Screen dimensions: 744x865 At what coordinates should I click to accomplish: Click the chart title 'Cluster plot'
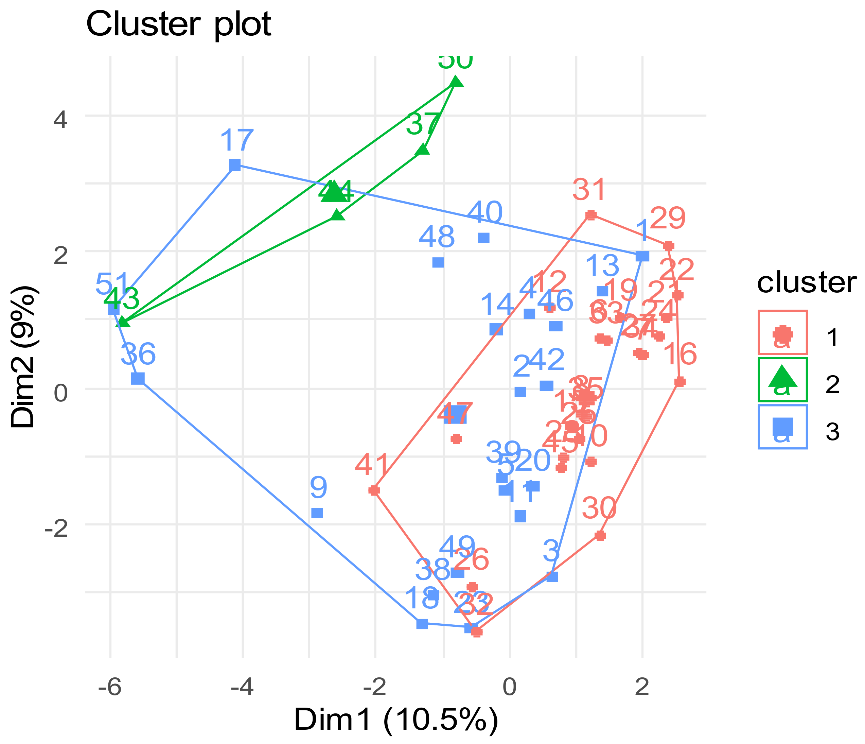[x=179, y=24]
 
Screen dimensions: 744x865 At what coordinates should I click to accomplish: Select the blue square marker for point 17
[x=235, y=165]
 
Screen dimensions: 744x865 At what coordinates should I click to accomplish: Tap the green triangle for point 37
[x=423, y=150]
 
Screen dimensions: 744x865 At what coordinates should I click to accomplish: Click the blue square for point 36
[x=138, y=379]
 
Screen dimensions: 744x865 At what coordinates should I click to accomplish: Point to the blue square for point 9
[x=317, y=513]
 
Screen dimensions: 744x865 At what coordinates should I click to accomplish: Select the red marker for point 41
[x=374, y=490]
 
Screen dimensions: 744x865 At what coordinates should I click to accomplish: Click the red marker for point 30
[x=600, y=536]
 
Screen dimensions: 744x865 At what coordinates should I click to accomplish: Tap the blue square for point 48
[x=438, y=262]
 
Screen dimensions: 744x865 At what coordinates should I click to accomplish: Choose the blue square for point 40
[x=483, y=238]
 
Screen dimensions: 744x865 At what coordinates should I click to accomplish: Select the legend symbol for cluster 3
[x=782, y=426]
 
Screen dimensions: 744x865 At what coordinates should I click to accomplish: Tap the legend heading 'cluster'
[x=807, y=283]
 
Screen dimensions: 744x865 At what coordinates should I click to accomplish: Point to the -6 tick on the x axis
[x=110, y=688]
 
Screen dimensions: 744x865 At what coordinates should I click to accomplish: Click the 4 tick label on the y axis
[x=60, y=120]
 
